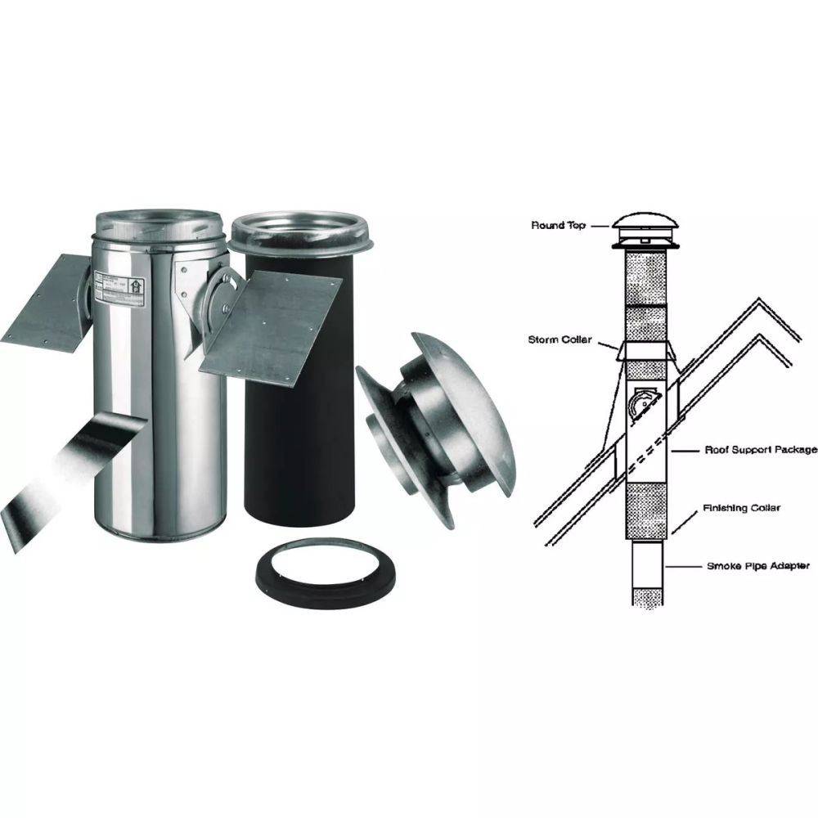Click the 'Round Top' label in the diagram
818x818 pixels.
[558, 225]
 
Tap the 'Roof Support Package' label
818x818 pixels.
[761, 450]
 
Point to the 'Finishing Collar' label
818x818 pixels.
[741, 508]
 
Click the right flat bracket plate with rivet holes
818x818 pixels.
[270, 319]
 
